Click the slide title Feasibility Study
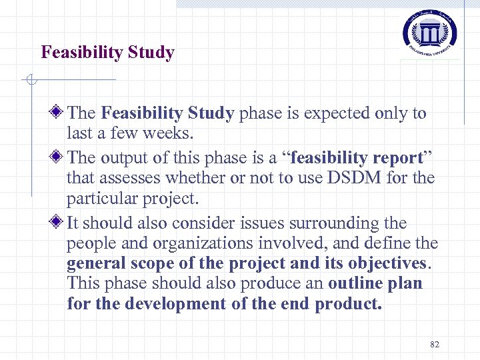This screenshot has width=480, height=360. tap(107, 52)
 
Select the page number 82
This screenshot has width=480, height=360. tap(435, 344)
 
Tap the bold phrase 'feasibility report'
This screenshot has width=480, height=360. tap(357, 158)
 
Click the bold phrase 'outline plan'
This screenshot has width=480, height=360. tap(375, 283)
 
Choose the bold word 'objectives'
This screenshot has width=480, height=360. tap(383, 263)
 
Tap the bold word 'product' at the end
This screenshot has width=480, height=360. tap(347, 303)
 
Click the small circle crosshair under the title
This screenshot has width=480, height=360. tap(28, 81)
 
